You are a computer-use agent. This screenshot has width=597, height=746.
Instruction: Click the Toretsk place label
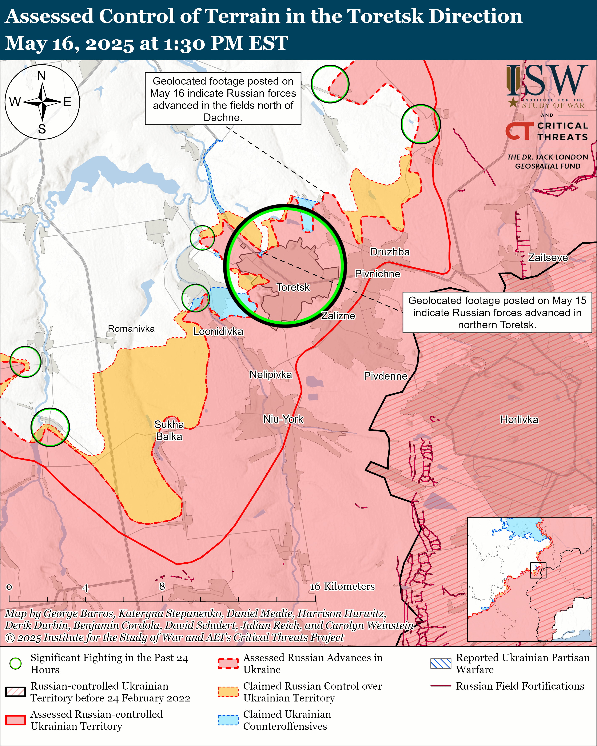tap(293, 287)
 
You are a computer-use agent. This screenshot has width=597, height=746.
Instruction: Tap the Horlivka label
tap(519, 420)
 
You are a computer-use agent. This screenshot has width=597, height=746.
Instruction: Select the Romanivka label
tap(131, 328)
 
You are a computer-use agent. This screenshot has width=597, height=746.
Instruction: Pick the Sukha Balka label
tap(169, 430)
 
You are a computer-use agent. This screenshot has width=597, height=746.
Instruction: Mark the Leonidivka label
tap(218, 331)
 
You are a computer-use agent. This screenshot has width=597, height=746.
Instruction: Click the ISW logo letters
tap(547, 81)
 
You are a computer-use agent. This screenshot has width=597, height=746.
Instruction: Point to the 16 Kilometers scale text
tap(342, 586)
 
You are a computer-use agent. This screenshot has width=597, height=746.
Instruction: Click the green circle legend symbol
tap(16, 663)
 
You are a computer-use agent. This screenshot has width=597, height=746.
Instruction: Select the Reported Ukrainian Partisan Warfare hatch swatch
tap(441, 663)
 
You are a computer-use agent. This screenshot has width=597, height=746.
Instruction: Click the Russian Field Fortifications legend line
tap(441, 686)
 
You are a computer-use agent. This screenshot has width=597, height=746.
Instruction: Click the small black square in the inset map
tap(538, 570)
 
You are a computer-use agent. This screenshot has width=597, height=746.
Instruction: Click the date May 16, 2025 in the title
tap(69, 44)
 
